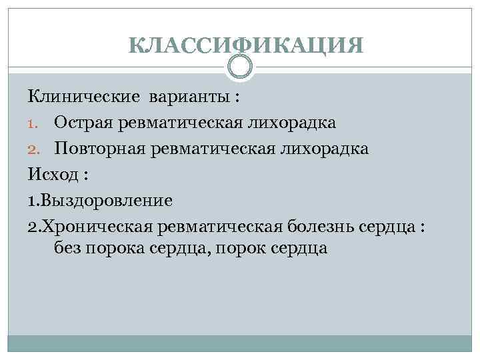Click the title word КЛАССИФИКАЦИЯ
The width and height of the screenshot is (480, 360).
tap(247, 45)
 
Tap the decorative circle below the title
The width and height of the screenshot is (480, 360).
tap(240, 67)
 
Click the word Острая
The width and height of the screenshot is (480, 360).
tap(83, 123)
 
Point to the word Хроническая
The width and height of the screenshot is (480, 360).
tap(97, 225)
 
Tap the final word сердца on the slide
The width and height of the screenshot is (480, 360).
tap(294, 249)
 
